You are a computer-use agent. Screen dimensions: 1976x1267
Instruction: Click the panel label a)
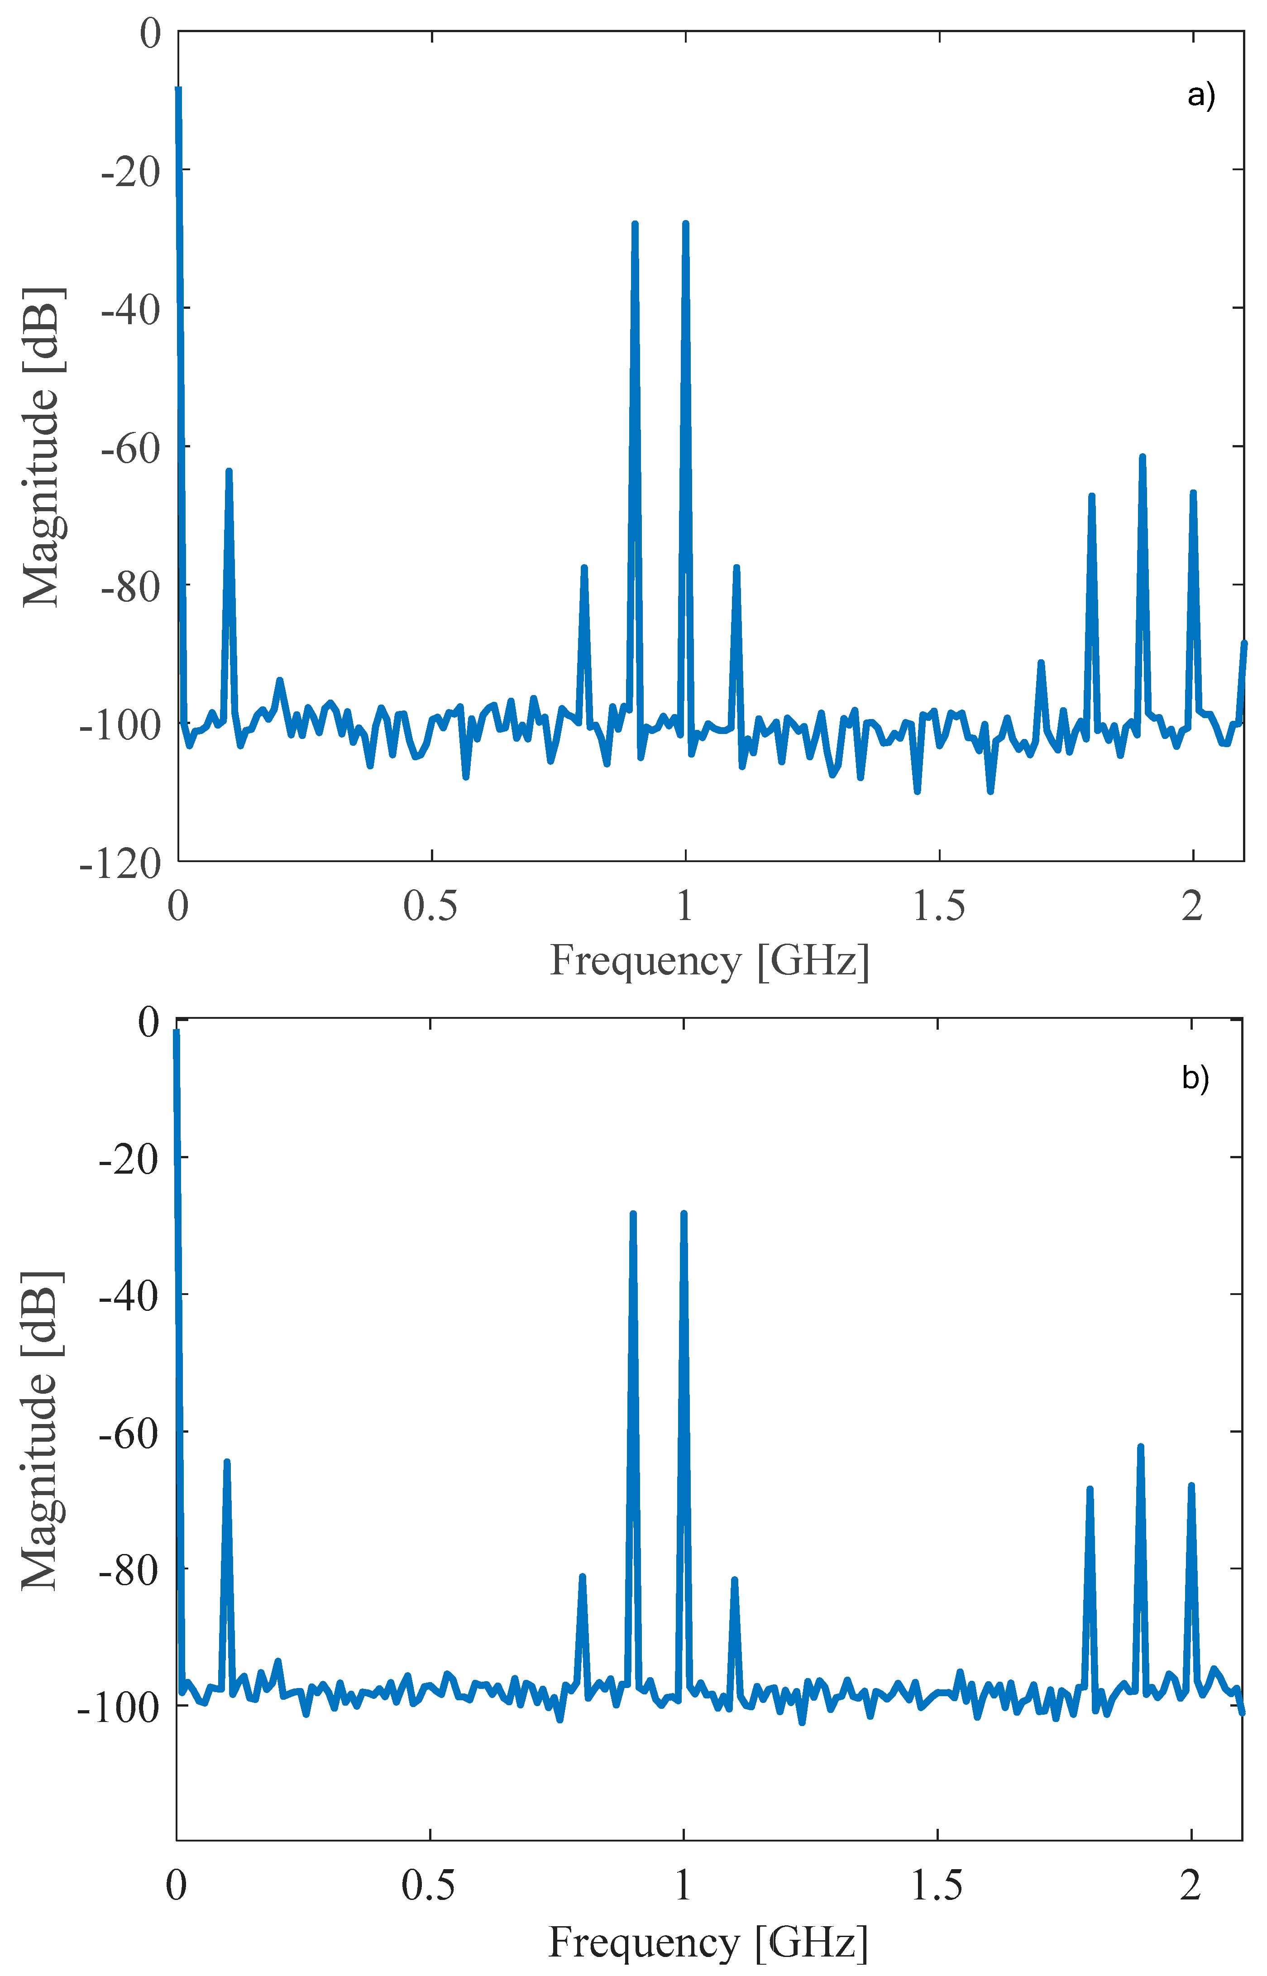click(1200, 96)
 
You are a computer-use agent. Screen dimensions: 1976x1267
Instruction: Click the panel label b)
click(1195, 1078)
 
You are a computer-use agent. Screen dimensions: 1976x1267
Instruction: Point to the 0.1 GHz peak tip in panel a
click(229, 471)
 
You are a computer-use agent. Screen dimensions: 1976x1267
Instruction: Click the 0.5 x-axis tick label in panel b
click(429, 1885)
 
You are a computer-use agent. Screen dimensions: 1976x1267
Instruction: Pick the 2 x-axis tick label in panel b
click(1191, 1885)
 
